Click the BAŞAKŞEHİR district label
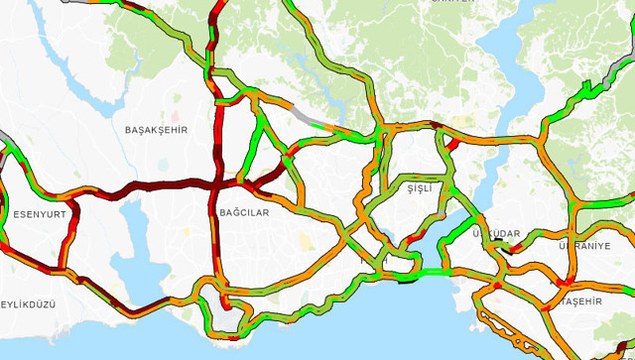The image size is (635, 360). (156, 130)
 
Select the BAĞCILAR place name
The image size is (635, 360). (243, 213)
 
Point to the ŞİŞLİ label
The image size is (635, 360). (421, 187)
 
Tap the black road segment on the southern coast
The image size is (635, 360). (408, 281)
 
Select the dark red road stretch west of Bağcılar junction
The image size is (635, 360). (149, 185)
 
